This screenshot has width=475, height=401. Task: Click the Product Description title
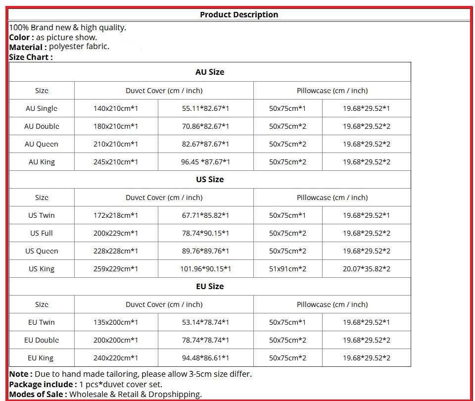point(239,14)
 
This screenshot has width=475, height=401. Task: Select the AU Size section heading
point(210,72)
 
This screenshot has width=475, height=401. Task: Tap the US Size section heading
point(210,179)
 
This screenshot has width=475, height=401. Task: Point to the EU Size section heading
point(210,286)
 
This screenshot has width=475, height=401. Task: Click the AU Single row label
point(42,108)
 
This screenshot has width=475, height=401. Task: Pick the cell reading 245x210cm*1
point(116,162)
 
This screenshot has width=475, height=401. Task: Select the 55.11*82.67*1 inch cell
point(205,108)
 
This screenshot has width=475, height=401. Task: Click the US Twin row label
point(42,215)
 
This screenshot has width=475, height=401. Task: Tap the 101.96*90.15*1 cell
point(205,269)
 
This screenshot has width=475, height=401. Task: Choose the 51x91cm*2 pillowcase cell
point(287,269)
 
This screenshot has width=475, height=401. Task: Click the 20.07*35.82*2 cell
point(367,269)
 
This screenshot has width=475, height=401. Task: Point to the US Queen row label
point(42,251)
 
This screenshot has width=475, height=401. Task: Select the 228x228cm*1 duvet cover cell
point(116,251)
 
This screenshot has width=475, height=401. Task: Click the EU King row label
point(41,358)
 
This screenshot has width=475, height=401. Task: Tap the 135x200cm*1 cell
point(116,322)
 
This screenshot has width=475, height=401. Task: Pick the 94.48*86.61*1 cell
point(205,358)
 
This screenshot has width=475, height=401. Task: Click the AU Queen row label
point(42,144)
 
